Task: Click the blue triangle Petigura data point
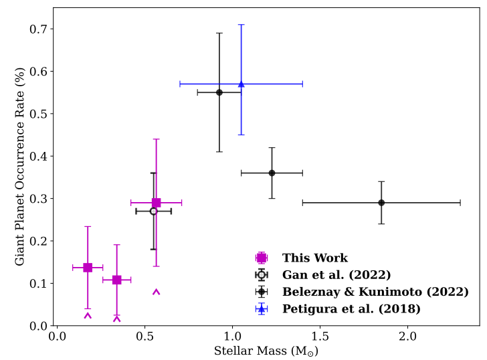point(241,84)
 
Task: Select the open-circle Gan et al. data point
point(153,211)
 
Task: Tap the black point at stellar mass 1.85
point(381,202)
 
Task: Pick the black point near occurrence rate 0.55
point(219,92)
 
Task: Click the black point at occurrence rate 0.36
point(272,173)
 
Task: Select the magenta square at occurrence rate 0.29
point(157,202)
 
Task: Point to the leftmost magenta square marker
point(88,268)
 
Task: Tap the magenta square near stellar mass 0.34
point(117,280)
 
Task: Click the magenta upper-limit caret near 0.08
point(157,292)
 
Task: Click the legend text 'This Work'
point(314,258)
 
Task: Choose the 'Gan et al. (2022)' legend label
point(336,274)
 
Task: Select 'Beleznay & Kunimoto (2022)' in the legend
point(375,292)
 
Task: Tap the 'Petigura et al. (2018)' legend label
point(351,308)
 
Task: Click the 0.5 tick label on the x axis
point(145,336)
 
